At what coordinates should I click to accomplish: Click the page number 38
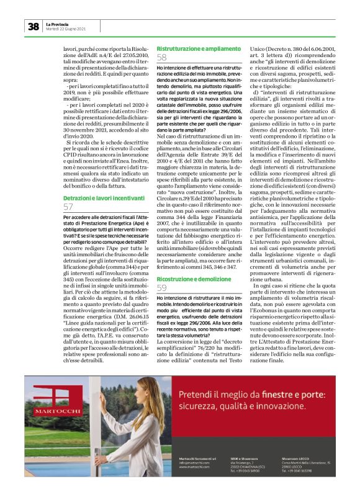coord(33,26)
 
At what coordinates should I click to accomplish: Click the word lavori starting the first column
coord(72,48)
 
